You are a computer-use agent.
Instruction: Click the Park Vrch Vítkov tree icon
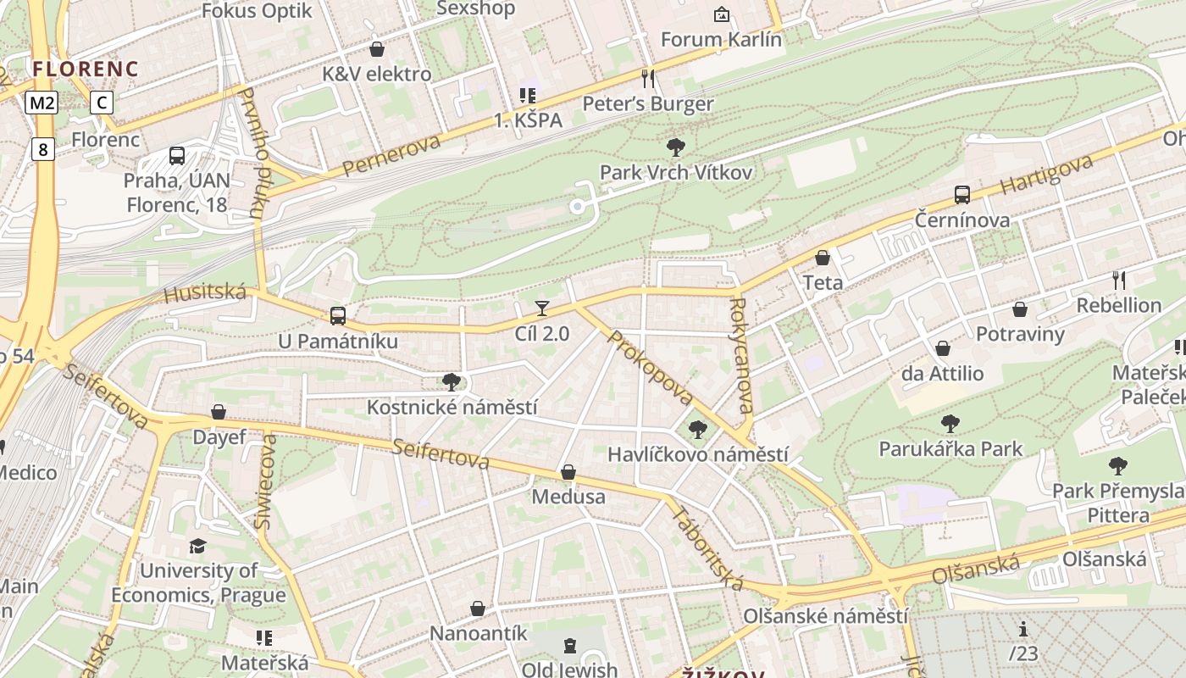pyautogui.click(x=676, y=148)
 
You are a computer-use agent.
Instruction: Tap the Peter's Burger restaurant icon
pyautogui.click(x=649, y=79)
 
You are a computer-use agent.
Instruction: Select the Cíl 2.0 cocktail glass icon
pyautogui.click(x=542, y=308)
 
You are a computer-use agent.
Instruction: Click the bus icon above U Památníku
pyautogui.click(x=338, y=316)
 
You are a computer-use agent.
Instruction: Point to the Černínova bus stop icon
pyautogui.click(x=962, y=195)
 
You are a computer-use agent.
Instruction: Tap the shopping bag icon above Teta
pyautogui.click(x=822, y=258)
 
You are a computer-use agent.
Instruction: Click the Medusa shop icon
pyautogui.click(x=568, y=472)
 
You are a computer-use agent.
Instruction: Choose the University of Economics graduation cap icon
pyautogui.click(x=197, y=546)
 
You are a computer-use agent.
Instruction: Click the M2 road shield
pyautogui.click(x=41, y=103)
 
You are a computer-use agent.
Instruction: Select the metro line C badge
pyautogui.click(x=102, y=103)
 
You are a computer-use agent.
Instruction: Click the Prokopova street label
pyautogui.click(x=650, y=366)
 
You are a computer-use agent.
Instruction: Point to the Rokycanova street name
pyautogui.click(x=740, y=355)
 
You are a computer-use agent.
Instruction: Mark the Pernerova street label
pyautogui.click(x=392, y=154)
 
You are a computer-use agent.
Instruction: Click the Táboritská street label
pyautogui.click(x=707, y=547)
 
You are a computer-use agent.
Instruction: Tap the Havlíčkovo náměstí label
pyautogui.click(x=697, y=454)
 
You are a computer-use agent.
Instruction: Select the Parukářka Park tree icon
pyautogui.click(x=950, y=423)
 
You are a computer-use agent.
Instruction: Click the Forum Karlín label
pyautogui.click(x=721, y=40)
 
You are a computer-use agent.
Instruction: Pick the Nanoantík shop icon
pyautogui.click(x=478, y=609)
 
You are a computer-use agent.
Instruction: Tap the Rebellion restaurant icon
pyautogui.click(x=1119, y=280)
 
